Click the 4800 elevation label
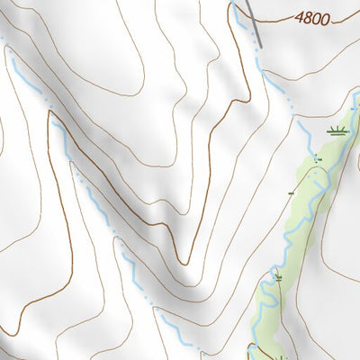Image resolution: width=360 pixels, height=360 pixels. click(x=312, y=17)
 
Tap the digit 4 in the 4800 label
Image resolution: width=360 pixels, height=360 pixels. click(x=300, y=18)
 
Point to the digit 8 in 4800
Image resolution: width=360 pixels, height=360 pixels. click(x=308, y=17)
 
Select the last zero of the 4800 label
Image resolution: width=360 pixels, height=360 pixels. click(x=325, y=17)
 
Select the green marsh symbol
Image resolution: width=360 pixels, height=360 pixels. click(x=338, y=131)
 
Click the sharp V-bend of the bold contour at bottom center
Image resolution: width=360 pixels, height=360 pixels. click(x=184, y=263)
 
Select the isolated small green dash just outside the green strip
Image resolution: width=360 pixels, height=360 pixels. click(x=291, y=193)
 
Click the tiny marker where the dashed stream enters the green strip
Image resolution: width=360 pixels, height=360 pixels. click(x=316, y=157)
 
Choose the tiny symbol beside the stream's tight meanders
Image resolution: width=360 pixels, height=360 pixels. click(x=278, y=276)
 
